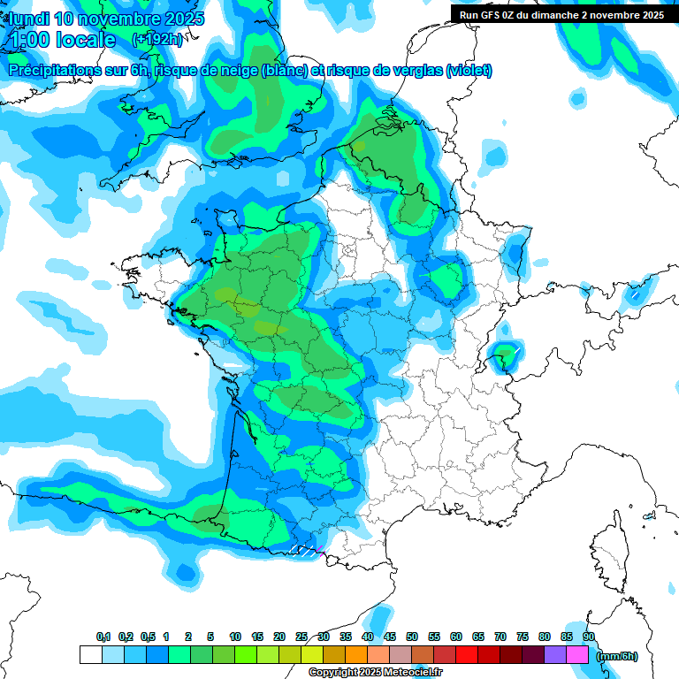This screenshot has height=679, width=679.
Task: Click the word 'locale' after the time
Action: click(86, 40)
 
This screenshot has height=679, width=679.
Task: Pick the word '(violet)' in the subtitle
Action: click(469, 71)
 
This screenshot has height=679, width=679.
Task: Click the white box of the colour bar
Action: click(90, 654)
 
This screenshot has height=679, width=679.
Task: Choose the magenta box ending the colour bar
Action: click(577, 654)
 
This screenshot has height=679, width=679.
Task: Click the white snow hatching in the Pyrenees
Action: click(302, 550)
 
